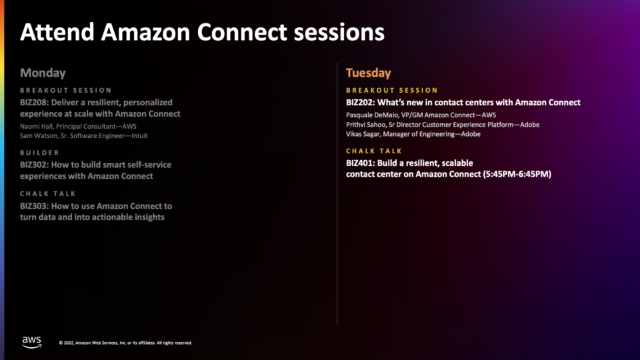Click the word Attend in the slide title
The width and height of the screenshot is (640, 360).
click(x=57, y=32)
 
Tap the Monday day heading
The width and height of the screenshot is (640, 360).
click(x=43, y=73)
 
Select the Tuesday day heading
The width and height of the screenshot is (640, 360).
click(x=368, y=73)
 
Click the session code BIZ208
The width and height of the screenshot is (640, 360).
click(x=33, y=103)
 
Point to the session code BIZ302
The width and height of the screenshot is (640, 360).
click(x=33, y=165)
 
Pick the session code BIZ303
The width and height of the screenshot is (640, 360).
click(x=33, y=206)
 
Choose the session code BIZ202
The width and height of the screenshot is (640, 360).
click(x=359, y=103)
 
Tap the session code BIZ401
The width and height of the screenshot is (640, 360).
click(x=359, y=163)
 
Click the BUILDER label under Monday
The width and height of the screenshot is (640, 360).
click(x=40, y=153)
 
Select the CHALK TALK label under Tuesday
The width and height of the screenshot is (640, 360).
click(x=374, y=151)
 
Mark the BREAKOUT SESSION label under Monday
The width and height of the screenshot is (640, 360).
click(x=66, y=90)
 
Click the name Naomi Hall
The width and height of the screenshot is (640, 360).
click(x=36, y=127)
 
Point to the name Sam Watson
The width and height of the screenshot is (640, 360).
click(x=39, y=136)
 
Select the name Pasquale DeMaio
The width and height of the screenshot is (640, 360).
click(x=371, y=115)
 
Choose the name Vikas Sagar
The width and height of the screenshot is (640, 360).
click(x=363, y=134)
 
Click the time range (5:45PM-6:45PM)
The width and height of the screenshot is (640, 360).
click(x=517, y=174)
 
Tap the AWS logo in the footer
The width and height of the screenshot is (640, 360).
click(x=32, y=343)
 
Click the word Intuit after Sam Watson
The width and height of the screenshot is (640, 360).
click(x=139, y=136)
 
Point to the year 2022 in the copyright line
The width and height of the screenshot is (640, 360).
click(x=68, y=343)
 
